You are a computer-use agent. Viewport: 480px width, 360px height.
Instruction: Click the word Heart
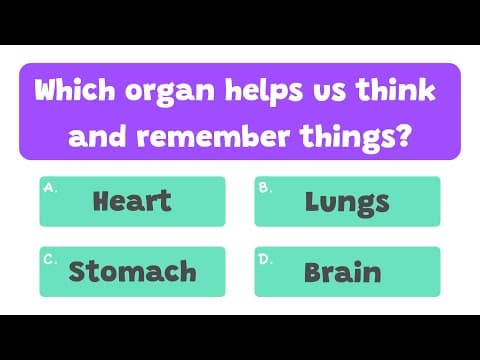(x=131, y=201)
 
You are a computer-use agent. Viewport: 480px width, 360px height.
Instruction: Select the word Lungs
(x=347, y=201)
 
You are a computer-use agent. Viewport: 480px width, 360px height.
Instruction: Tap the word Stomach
(x=132, y=270)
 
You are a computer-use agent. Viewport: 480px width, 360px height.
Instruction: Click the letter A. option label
(x=49, y=187)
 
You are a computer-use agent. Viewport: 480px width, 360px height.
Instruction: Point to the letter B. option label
(x=263, y=187)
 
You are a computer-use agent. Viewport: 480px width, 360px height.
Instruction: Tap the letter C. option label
(x=49, y=257)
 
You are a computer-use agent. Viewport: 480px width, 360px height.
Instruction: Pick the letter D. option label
(x=264, y=257)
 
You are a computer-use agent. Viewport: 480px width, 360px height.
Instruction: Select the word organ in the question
(x=159, y=95)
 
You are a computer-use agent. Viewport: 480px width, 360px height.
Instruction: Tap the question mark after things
(x=402, y=133)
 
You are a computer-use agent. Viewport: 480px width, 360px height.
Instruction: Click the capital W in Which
(x=47, y=93)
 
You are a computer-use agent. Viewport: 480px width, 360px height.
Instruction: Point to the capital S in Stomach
(x=78, y=270)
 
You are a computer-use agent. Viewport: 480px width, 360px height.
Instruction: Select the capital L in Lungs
(x=311, y=201)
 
